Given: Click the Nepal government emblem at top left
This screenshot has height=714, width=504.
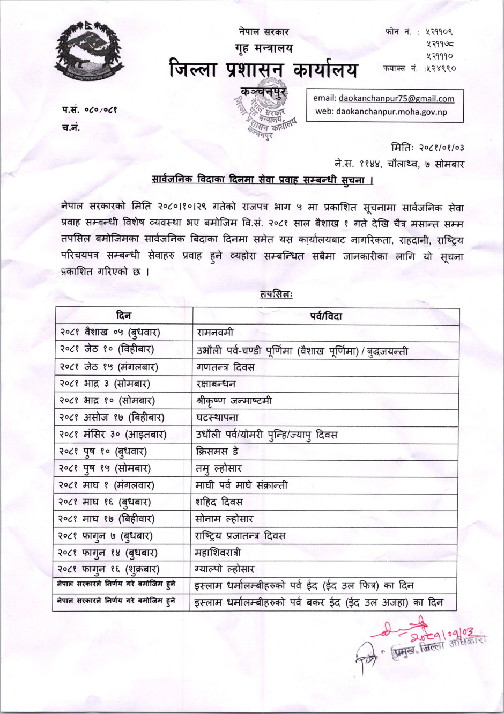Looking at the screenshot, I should coord(90,53).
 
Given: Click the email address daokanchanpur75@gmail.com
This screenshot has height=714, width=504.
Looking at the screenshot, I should coord(396,99).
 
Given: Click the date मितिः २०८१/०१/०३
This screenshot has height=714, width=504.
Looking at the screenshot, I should coord(427,147).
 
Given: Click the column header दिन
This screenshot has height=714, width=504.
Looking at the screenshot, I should coord(123,315).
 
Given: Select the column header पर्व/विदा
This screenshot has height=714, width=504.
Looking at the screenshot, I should coord(325,316).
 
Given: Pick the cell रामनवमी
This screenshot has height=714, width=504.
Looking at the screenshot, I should coord(216,333).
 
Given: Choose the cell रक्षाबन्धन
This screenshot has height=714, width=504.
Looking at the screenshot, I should coord(216,384).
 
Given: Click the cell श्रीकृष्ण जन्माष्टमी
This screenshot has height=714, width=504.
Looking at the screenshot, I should coord(234,401).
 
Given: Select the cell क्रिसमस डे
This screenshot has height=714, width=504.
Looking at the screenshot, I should coord(218,452).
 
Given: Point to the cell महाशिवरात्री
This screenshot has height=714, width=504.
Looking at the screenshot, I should coord(219,552).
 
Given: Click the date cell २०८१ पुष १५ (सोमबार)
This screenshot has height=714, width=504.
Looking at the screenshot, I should coord(105,468).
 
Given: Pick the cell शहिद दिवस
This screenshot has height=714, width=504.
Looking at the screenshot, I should coord(219,502).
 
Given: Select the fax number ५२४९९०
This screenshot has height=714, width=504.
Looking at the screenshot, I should coord(441,69).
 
